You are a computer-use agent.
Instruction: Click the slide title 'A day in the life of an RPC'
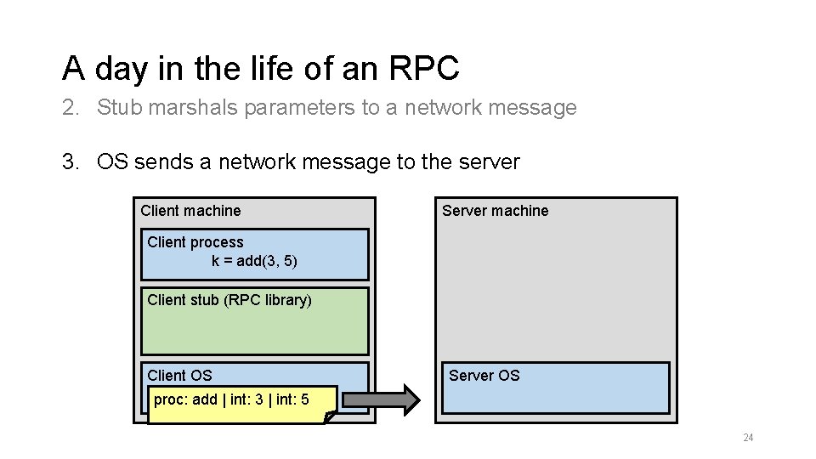point(260,68)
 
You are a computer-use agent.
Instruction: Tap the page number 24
point(748,438)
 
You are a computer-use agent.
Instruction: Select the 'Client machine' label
point(190,211)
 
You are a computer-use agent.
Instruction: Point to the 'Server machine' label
point(495,211)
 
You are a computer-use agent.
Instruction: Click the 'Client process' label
point(195,242)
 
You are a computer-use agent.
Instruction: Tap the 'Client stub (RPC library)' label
point(229,300)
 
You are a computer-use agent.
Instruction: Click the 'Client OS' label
point(179,376)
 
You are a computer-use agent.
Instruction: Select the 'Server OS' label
point(484,376)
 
